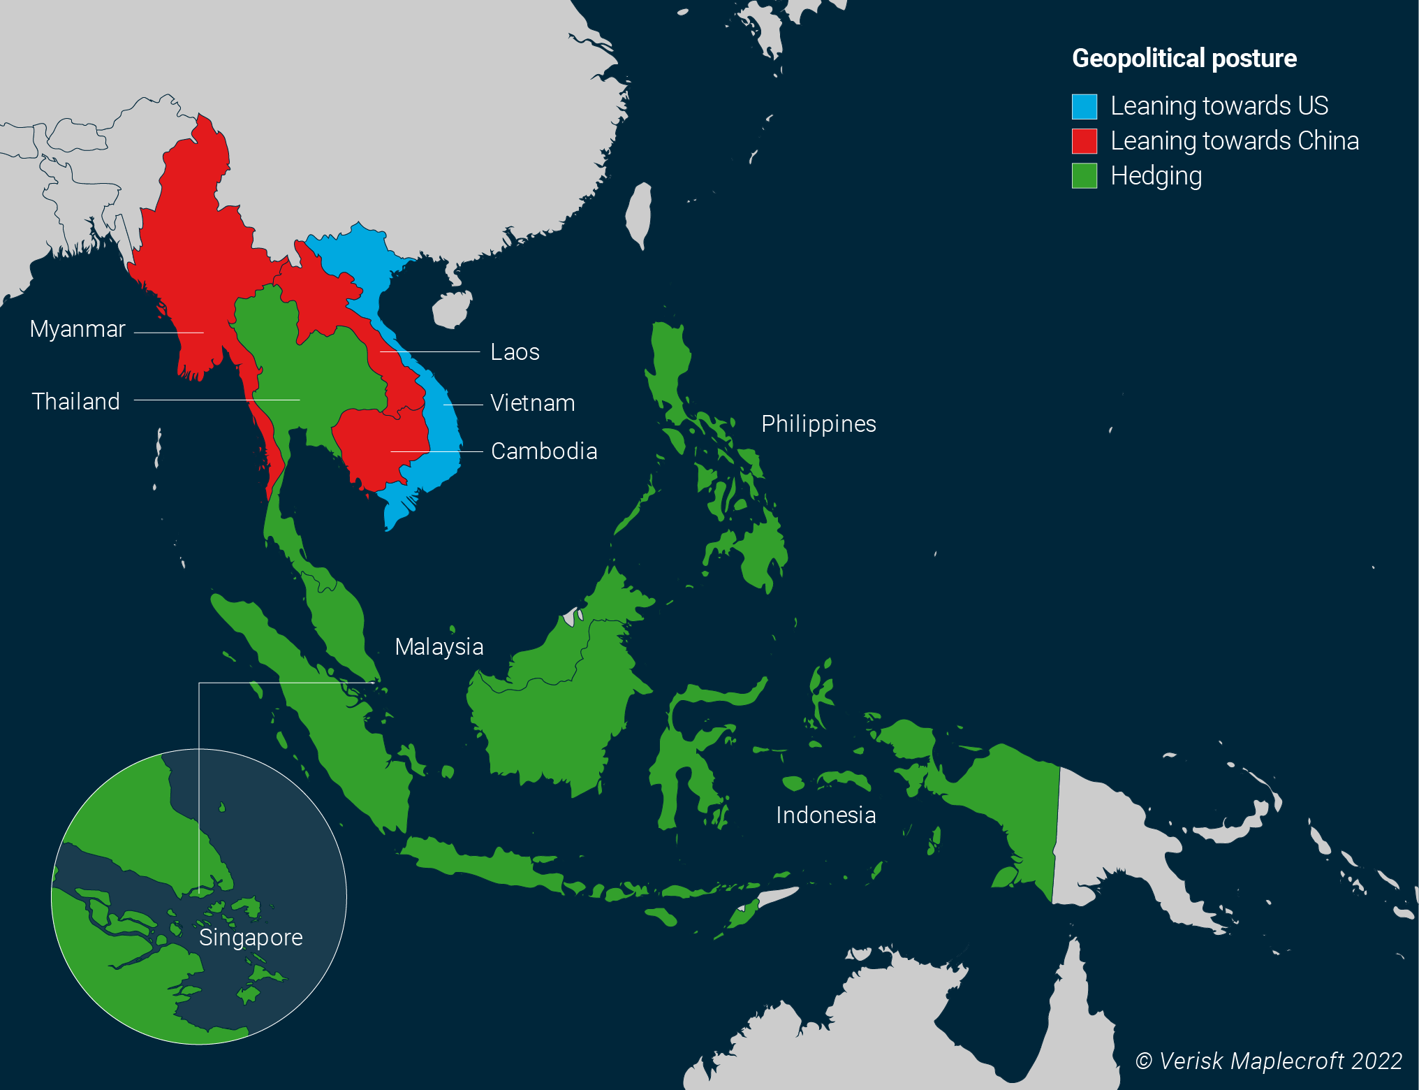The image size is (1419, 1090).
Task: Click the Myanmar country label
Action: click(x=78, y=329)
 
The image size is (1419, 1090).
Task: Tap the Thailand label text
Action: click(x=76, y=402)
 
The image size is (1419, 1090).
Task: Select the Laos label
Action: click(x=515, y=352)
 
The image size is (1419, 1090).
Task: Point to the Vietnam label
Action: click(x=532, y=403)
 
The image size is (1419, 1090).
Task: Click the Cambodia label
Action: click(x=544, y=451)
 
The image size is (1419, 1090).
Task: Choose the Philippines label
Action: click(x=818, y=424)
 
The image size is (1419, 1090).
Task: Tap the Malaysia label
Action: click(x=439, y=647)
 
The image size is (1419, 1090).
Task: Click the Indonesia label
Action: click(x=825, y=815)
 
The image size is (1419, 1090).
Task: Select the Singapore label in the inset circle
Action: click(x=251, y=938)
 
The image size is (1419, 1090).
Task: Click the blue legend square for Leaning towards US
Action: click(x=1084, y=106)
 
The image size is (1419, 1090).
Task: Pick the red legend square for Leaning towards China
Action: click(x=1084, y=141)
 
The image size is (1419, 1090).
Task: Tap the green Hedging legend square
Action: click(x=1084, y=176)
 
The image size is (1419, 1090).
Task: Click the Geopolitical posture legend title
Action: click(x=1184, y=59)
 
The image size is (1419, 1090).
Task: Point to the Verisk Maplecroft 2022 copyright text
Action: click(x=1268, y=1061)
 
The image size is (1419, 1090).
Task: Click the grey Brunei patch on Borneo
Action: click(x=571, y=617)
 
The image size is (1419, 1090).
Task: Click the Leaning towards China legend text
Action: click(x=1234, y=141)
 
